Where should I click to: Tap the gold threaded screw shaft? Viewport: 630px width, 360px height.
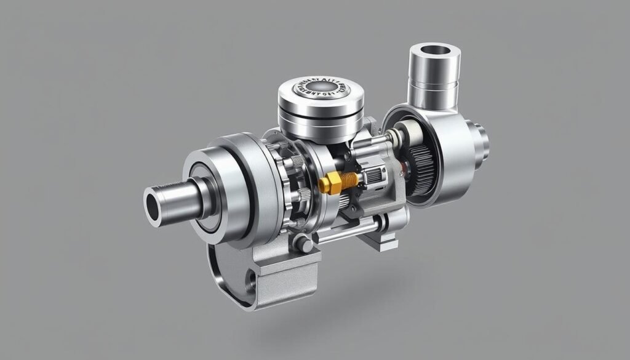(x=349, y=179)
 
